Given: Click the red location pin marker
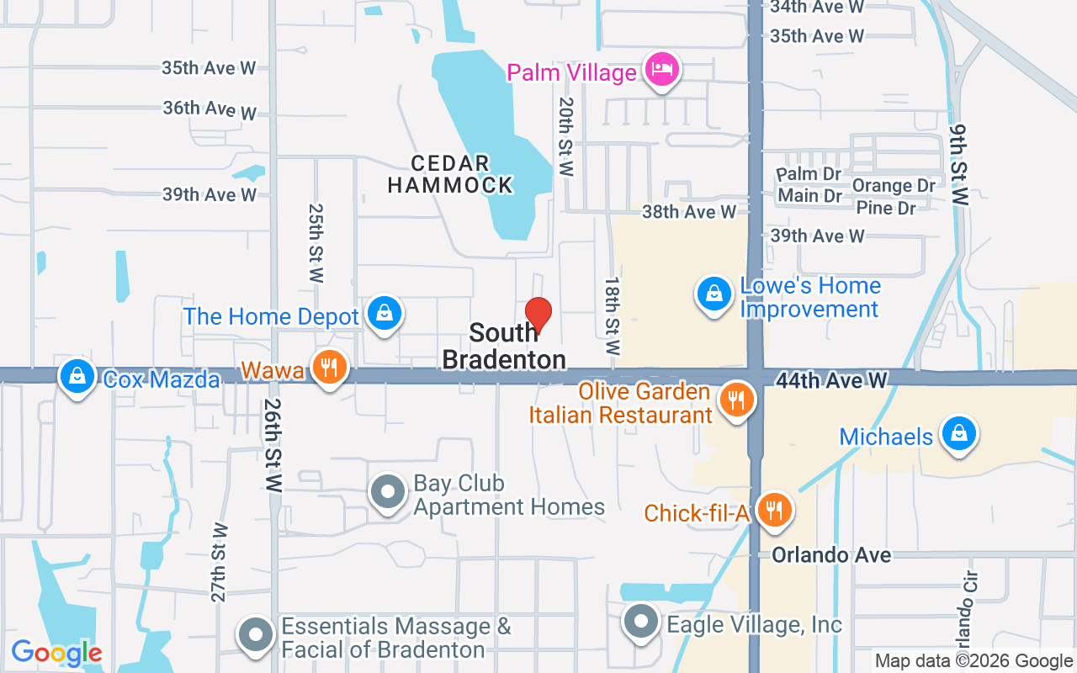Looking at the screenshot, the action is tap(538, 315).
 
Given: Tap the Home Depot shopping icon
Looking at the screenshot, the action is tap(384, 313).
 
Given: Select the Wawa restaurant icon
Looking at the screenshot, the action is tap(330, 368).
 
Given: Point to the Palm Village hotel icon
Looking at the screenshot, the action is tap(662, 69).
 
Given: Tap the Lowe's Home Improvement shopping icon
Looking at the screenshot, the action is tap(714, 294).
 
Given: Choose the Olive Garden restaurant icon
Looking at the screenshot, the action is tap(737, 401).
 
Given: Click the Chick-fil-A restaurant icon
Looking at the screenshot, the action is tap(773, 510).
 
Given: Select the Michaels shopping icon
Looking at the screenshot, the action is tap(958, 433).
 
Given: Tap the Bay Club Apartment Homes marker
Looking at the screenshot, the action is tap(389, 492).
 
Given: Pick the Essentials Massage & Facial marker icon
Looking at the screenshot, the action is tap(256, 635).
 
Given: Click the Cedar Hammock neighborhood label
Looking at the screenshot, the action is tap(450, 174).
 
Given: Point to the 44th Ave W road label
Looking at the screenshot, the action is tap(831, 381).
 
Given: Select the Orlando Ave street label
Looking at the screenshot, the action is tap(831, 555).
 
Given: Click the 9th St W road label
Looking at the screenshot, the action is tap(959, 165).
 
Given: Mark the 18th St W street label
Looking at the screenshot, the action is tap(612, 315).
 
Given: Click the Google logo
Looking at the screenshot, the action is tap(56, 653).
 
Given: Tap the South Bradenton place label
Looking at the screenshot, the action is tap(504, 347).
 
